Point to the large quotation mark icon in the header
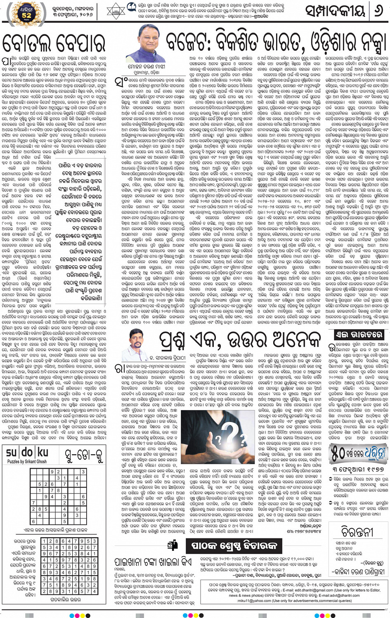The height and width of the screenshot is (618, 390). click(132, 7)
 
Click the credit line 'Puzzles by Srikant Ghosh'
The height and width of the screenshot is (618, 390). click(27, 462)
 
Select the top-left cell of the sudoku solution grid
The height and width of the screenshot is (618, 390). click(45, 541)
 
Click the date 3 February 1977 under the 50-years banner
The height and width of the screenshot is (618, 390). click(358, 469)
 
